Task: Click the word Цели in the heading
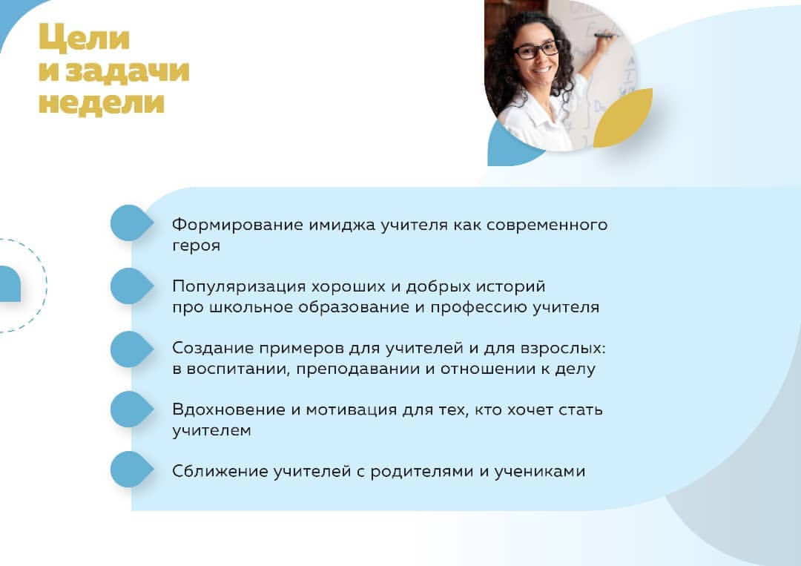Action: (85, 39)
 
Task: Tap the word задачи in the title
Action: (128, 70)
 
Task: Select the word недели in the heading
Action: (102, 102)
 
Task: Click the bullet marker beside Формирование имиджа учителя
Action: (132, 223)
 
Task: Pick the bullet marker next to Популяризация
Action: (132, 286)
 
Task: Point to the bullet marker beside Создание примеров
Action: (132, 349)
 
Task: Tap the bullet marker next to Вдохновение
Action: (132, 409)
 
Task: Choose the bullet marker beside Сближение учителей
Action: (132, 469)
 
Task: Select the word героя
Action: (196, 246)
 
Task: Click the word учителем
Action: (211, 431)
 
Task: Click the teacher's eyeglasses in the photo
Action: (536, 50)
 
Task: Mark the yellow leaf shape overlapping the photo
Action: (624, 119)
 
